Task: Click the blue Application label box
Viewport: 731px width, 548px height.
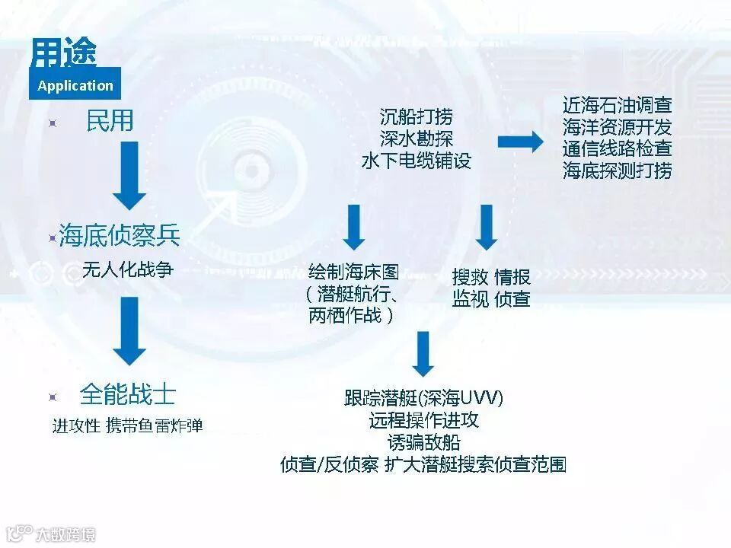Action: (75, 85)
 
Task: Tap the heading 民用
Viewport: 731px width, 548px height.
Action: (110, 122)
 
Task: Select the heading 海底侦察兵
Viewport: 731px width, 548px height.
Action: (120, 237)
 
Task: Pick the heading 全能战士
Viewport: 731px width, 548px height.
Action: (127, 394)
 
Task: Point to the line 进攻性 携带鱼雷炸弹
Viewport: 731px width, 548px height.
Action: (127, 425)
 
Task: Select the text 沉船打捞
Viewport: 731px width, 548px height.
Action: (416, 117)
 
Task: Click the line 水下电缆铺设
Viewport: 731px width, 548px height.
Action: (416, 161)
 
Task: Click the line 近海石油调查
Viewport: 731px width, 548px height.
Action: (617, 105)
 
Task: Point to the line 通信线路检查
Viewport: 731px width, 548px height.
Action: (617, 148)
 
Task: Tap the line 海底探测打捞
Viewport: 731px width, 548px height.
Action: (617, 170)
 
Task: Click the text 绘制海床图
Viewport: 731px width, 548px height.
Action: (353, 272)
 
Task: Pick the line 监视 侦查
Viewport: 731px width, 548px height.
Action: (490, 299)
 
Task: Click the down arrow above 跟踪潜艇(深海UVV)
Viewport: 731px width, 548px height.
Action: (423, 354)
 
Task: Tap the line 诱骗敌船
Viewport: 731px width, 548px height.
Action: (423, 441)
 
